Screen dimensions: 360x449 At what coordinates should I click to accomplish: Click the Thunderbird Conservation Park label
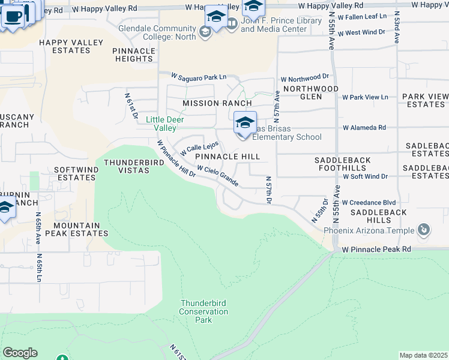pos(203,311)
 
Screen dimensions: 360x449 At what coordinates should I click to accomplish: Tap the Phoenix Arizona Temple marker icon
pos(424,230)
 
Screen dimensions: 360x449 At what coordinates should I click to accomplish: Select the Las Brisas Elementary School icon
pos(245,124)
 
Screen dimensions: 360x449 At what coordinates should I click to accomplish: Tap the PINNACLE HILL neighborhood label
pos(228,157)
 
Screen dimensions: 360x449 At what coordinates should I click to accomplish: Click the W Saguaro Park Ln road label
pos(199,77)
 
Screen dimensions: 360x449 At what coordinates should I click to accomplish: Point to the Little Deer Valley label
pos(165,124)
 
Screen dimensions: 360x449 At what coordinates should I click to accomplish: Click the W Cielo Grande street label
pos(218,176)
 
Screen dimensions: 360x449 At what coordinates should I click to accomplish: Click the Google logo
pos(20,353)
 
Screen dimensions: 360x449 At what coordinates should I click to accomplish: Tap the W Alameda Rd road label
pos(364,128)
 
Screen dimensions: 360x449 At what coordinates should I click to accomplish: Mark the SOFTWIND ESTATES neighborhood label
pos(76,173)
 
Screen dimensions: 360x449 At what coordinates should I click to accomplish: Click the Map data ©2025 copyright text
pos(423,355)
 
